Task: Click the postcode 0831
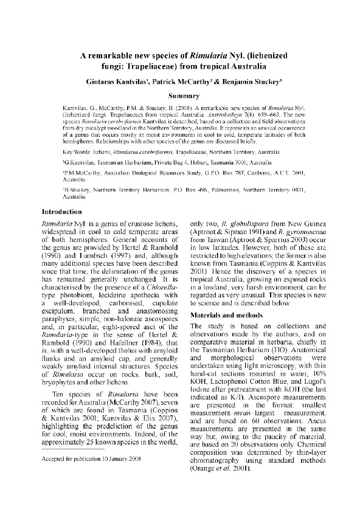pyautogui.click(x=308, y=191)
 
